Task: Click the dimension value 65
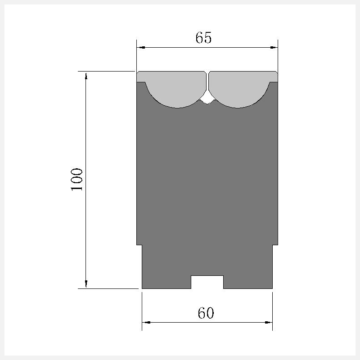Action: [203, 38]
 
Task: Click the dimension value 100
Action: [76, 179]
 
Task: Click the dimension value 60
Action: [206, 313]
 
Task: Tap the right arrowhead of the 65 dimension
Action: [274, 48]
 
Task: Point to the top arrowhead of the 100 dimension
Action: [86, 76]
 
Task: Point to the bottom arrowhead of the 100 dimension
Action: [86, 284]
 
